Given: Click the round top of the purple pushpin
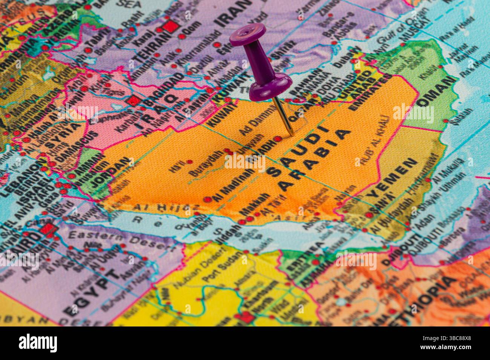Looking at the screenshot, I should pos(248,34).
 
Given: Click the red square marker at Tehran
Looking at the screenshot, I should pos(170,26).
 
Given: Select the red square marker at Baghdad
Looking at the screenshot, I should pos(133,101).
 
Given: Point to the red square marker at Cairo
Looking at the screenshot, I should pos(47,229).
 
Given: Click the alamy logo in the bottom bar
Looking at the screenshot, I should pos(38,343).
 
